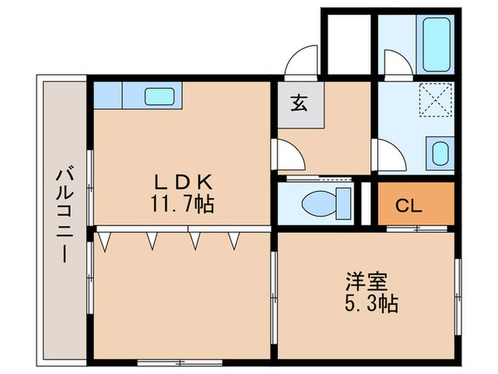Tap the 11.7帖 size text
point(181,205)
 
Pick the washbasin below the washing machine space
point(441,152)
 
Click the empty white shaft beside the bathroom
point(347,43)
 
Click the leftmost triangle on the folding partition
point(106,242)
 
